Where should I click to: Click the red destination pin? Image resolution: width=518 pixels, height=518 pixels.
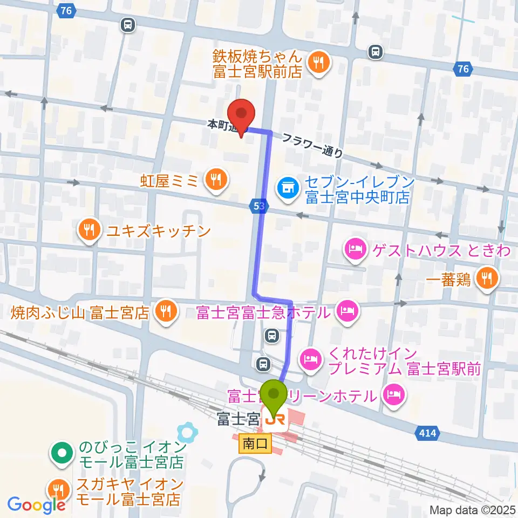(241, 114)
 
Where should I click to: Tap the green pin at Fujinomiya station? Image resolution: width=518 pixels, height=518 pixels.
(274, 395)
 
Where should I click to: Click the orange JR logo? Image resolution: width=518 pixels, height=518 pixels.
(275, 418)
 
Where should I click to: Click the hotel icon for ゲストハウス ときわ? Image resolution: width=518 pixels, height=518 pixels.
(355, 250)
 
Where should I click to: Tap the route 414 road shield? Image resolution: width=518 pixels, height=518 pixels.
(427, 433)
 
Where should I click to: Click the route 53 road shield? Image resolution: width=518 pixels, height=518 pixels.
(258, 205)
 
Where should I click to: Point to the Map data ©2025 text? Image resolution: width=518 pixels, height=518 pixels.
(473, 509)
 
